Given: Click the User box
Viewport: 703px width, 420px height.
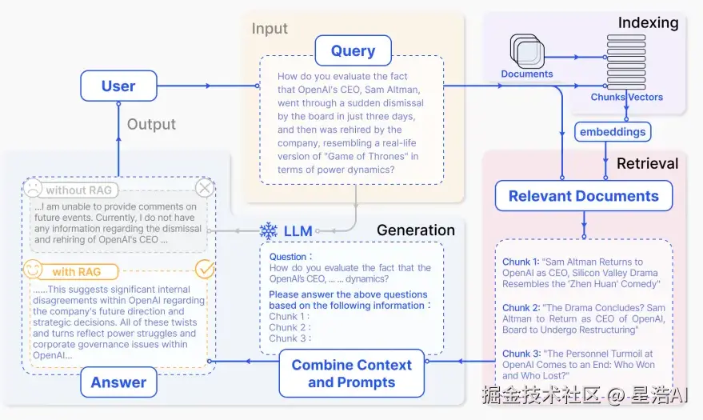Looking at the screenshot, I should pyautogui.click(x=118, y=86).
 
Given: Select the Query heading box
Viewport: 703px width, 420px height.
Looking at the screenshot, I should pyautogui.click(x=353, y=51).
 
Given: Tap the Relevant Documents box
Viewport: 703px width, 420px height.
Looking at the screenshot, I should pyautogui.click(x=583, y=196).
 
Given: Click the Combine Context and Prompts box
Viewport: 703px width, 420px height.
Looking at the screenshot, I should pyautogui.click(x=351, y=374).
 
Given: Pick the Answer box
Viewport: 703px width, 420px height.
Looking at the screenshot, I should pyautogui.click(x=118, y=382).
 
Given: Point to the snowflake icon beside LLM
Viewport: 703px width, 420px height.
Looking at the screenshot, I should pyautogui.click(x=268, y=231).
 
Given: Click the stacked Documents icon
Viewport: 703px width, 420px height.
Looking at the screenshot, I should pyautogui.click(x=527, y=52).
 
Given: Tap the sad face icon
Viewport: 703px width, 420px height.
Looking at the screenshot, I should pyautogui.click(x=32, y=189).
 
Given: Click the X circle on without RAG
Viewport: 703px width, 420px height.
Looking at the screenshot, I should pyautogui.click(x=205, y=188).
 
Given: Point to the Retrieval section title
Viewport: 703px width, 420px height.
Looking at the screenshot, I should pyautogui.click(x=647, y=163).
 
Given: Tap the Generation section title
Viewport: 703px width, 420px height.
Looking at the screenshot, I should pyautogui.click(x=415, y=230).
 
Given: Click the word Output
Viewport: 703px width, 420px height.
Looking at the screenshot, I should pyautogui.click(x=151, y=124).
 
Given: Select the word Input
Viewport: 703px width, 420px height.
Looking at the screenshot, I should pyautogui.click(x=270, y=29).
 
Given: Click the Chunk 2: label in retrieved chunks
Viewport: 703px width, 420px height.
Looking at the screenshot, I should pyautogui.click(x=521, y=308).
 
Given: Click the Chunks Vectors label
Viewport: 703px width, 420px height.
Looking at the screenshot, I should pyautogui.click(x=626, y=97).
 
